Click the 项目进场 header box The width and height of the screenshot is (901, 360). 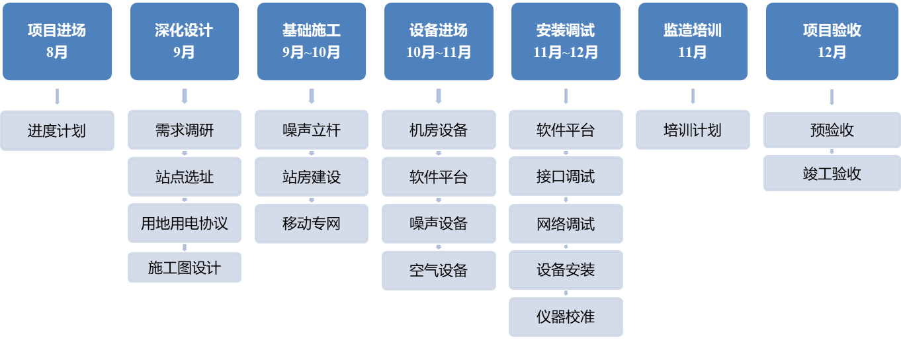[x=57, y=41]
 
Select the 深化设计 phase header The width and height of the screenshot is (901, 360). [x=184, y=41]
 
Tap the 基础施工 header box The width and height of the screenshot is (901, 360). [x=311, y=41]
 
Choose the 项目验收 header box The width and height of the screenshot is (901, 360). [x=832, y=41]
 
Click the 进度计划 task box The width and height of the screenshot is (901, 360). [x=57, y=130]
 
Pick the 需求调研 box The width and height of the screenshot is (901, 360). [x=184, y=130]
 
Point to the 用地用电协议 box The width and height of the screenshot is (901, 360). [x=184, y=223]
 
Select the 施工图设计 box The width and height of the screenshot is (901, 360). [x=184, y=267]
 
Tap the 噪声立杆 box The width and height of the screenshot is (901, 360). [x=311, y=130]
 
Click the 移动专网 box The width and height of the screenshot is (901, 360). [x=311, y=223]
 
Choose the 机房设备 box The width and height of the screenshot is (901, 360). [x=439, y=130]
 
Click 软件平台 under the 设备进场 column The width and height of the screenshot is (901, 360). [x=439, y=177]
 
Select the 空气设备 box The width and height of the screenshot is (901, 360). [x=439, y=270]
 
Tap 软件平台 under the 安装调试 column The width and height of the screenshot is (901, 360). [x=566, y=130]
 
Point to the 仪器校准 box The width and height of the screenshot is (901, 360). [x=566, y=316]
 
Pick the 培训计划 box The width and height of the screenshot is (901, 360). [x=693, y=130]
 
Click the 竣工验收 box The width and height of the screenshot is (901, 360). [x=832, y=173]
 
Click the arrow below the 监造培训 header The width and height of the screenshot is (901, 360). [x=693, y=97]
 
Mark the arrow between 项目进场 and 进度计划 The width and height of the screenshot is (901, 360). [x=57, y=97]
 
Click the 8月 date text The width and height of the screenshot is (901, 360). [x=57, y=52]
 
